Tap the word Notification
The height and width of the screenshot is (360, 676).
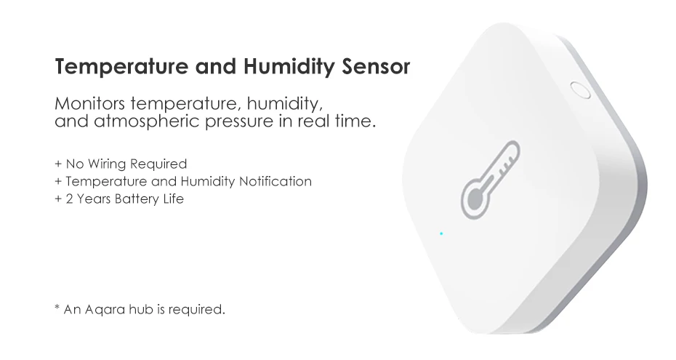(x=275, y=181)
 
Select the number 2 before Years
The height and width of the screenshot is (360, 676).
(x=67, y=199)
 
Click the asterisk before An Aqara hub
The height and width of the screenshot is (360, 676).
(x=57, y=308)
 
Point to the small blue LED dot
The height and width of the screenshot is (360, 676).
(x=441, y=233)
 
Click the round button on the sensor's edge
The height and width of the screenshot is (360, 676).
(x=579, y=91)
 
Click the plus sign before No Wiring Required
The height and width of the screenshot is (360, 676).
(x=57, y=164)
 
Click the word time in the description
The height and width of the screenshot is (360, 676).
(x=359, y=119)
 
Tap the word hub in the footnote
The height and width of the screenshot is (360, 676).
(x=145, y=310)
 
